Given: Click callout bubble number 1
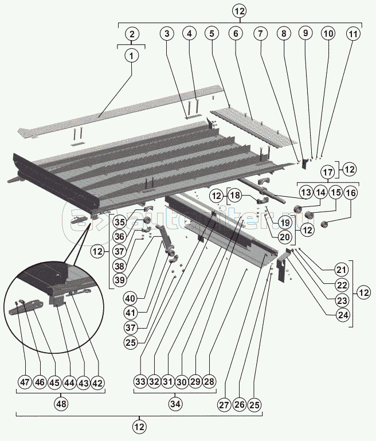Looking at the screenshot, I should tap(132, 56).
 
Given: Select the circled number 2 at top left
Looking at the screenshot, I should tap(132, 34).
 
